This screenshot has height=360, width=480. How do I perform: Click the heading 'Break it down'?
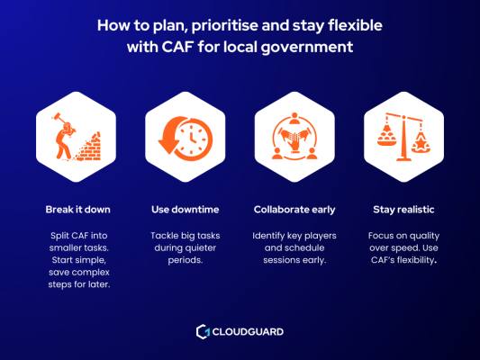(78, 210)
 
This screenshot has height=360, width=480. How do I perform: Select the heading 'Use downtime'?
(185, 210)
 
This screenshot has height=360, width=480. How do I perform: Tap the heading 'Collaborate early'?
(295, 210)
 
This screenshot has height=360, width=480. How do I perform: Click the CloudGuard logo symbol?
(202, 332)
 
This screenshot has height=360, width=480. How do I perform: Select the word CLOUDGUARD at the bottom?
(248, 332)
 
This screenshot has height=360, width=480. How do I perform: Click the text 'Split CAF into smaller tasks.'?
(78, 240)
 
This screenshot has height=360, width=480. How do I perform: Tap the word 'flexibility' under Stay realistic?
(406, 262)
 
